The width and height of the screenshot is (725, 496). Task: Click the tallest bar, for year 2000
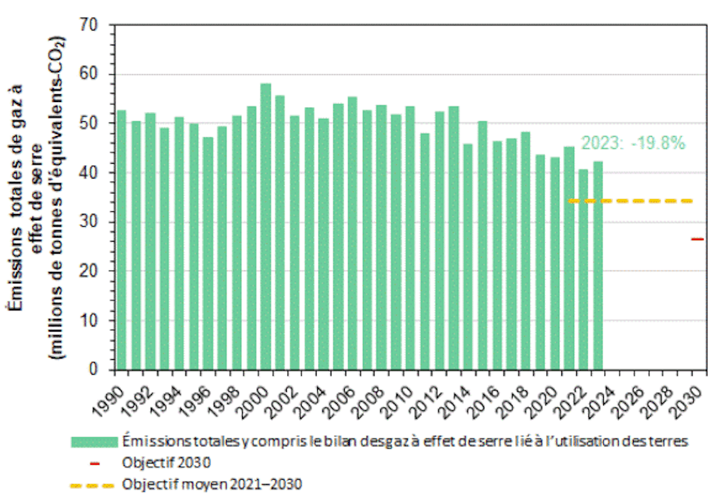266,227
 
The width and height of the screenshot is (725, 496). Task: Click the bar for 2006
352,233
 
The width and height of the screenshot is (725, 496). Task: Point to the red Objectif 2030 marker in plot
697,239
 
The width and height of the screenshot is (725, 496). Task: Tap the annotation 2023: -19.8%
633,143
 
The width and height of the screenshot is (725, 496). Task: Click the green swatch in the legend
93,441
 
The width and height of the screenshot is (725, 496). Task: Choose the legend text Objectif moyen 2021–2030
212,485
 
